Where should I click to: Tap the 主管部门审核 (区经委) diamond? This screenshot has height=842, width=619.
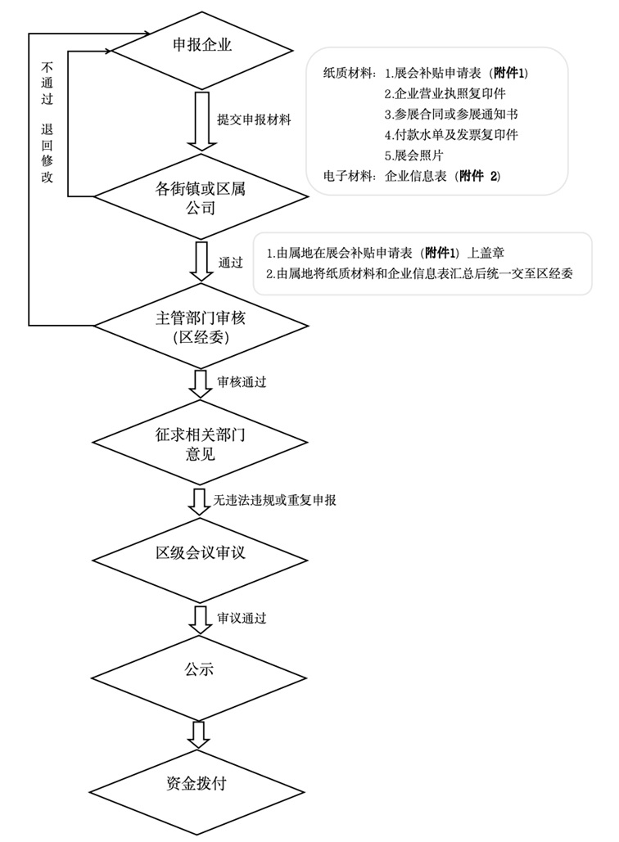pyautogui.click(x=200, y=327)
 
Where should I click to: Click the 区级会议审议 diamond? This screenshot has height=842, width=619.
pyautogui.click(x=201, y=555)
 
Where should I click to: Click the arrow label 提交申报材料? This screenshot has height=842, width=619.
pyautogui.click(x=255, y=119)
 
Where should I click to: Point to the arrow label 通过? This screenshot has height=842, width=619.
pyautogui.click(x=231, y=263)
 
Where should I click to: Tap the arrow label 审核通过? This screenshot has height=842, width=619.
pyautogui.click(x=242, y=381)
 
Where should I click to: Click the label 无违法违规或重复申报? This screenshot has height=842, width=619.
pyautogui.click(x=274, y=499)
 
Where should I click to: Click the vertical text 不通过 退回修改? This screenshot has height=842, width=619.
pyautogui.click(x=47, y=119)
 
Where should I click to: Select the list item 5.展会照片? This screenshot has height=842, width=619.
pyautogui.click(x=415, y=155)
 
